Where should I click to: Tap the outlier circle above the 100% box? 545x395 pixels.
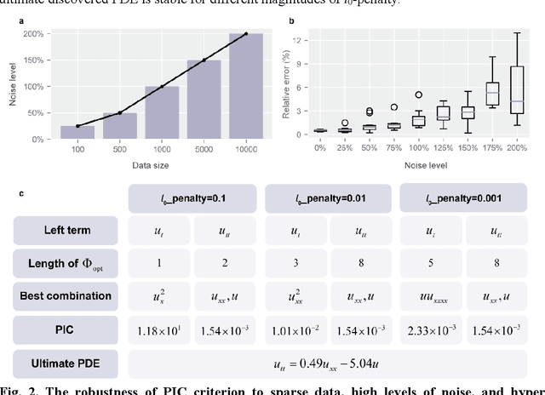click(x=418, y=95)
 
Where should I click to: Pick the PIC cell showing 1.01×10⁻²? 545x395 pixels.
click(x=295, y=329)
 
